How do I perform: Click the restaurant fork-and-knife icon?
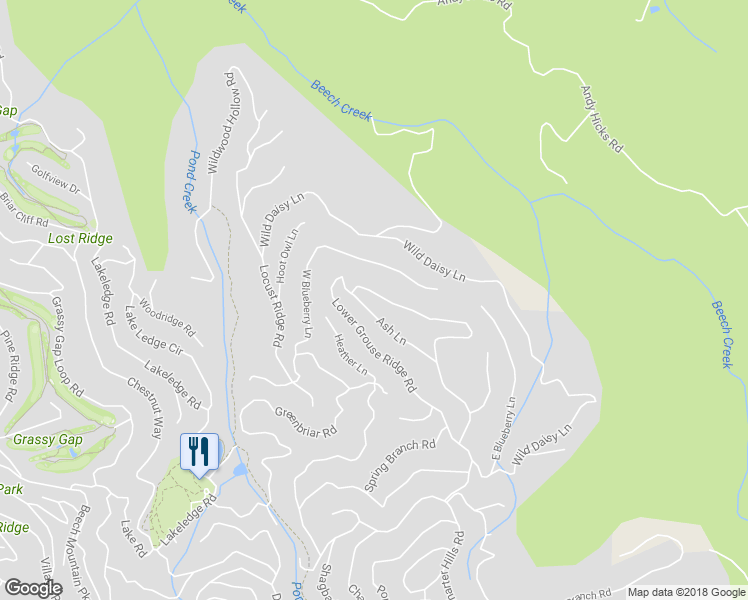point(198,450)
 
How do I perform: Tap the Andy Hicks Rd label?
point(601,118)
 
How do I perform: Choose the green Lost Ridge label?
point(80,239)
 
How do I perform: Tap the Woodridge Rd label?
point(167,317)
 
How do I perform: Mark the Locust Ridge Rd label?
point(271,305)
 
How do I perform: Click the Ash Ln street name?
point(391,331)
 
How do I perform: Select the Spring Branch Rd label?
point(400,465)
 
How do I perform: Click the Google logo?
point(33,588)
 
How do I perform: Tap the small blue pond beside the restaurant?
point(238,470)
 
